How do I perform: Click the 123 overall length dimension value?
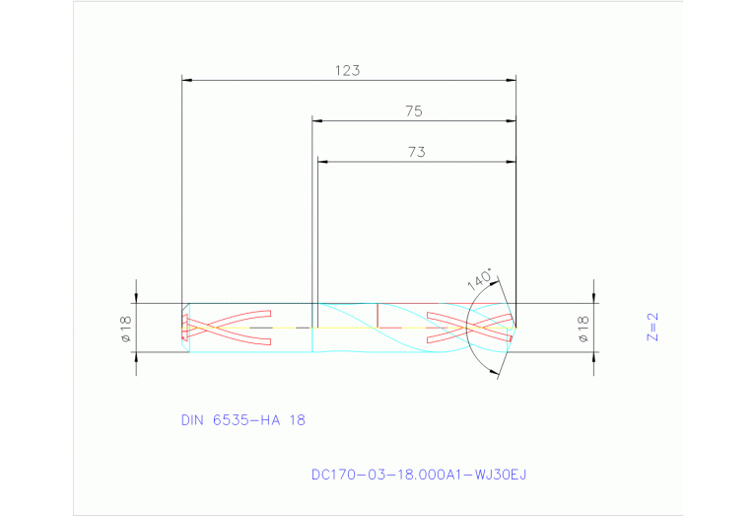(347, 71)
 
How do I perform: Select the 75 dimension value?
(414, 111)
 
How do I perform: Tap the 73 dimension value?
(415, 152)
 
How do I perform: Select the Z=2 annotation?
(652, 327)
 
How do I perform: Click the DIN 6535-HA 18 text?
(242, 419)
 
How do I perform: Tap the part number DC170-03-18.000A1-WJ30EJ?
(419, 475)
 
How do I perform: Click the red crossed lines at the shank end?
(228, 331)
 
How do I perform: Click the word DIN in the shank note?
(192, 419)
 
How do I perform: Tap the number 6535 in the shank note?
(229, 419)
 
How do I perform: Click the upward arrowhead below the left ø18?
(136, 356)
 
